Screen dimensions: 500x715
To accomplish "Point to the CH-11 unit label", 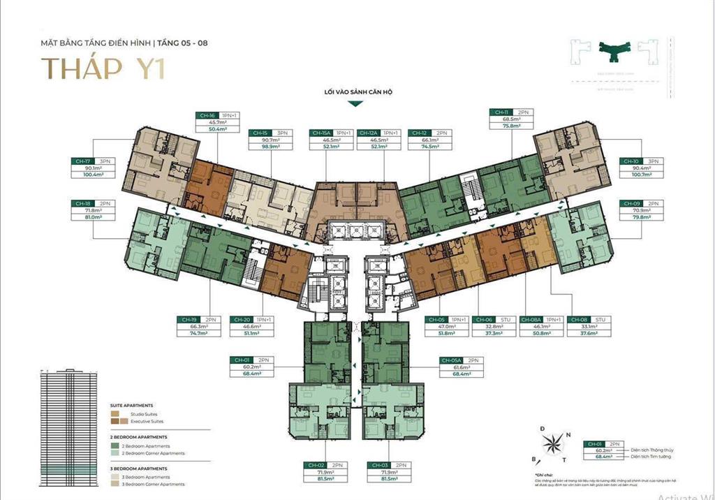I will point(502,112).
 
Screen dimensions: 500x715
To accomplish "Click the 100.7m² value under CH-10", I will point(640,175).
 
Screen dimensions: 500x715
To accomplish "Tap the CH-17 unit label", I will point(83,161).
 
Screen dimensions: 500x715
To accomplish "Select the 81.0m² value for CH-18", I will point(93,217).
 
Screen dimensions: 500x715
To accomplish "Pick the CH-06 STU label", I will point(483,318).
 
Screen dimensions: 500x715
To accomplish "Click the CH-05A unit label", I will point(450,360).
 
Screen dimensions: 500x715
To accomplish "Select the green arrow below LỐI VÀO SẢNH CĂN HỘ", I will point(355,103).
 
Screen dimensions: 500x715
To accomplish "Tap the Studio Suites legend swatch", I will point(115,413).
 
